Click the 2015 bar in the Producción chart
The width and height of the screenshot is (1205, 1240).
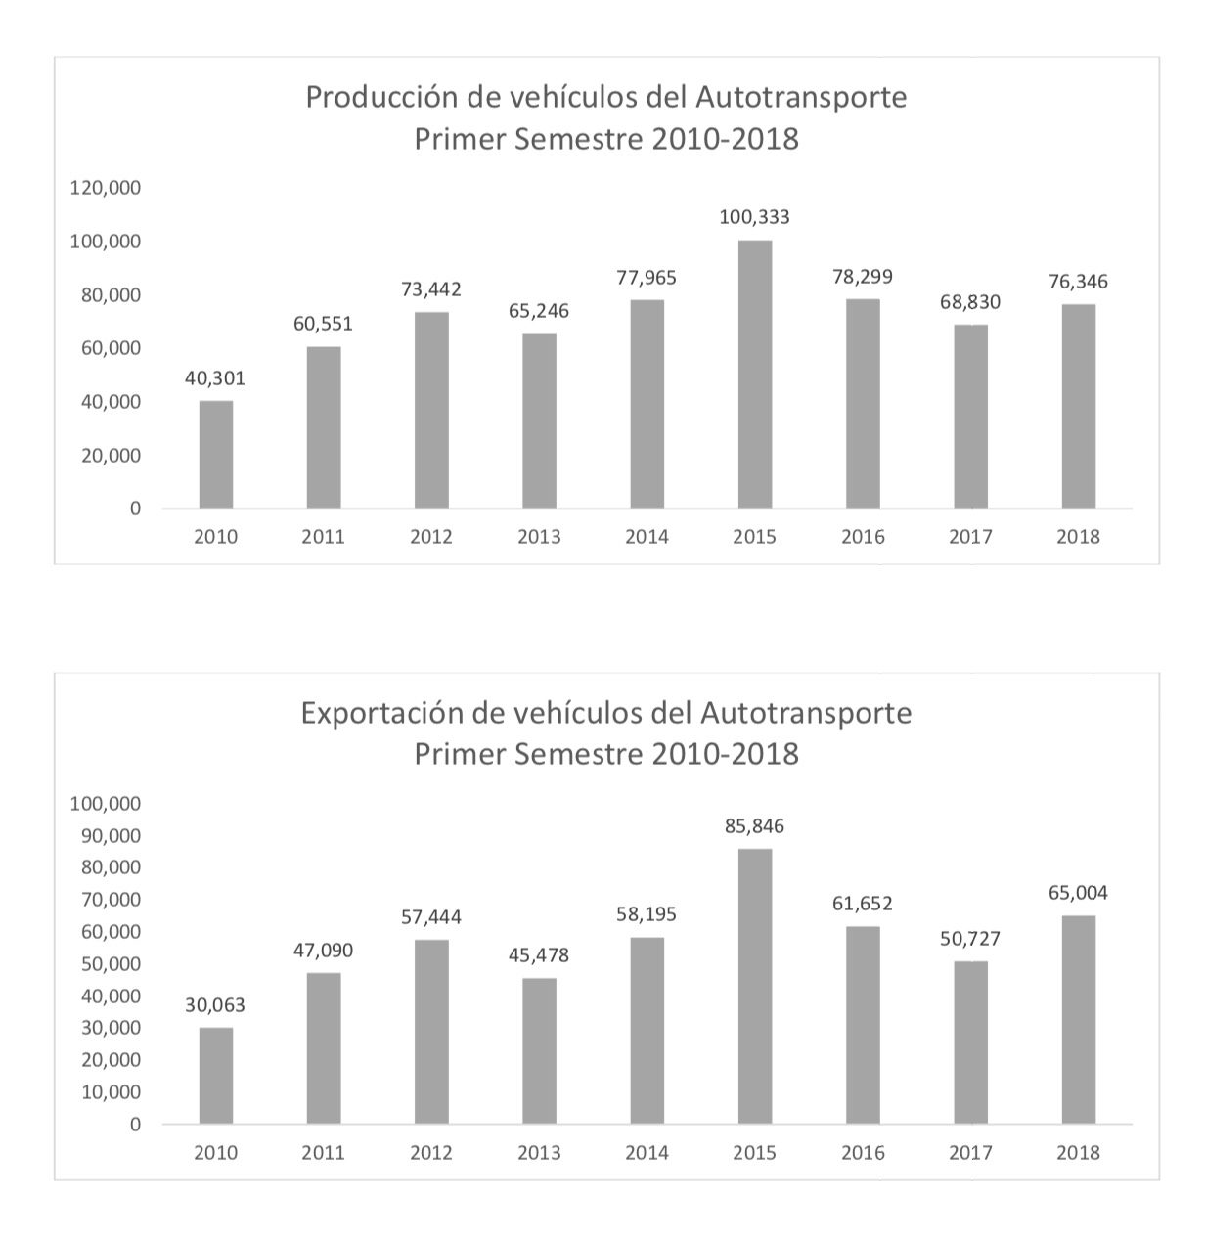coord(754,375)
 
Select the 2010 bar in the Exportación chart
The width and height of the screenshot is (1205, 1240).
coord(216,1076)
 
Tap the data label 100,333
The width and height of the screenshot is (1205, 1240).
coord(754,217)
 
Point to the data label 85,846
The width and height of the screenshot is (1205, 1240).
coord(754,826)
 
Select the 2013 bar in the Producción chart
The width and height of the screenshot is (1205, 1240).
coord(539,421)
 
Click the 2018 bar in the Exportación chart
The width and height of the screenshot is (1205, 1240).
coord(1078,1020)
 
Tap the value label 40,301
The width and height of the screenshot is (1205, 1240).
coord(215,378)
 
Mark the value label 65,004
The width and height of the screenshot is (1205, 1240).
coord(1078,893)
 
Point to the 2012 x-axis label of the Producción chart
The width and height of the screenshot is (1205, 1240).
coord(431,537)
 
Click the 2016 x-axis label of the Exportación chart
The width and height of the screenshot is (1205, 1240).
coord(863,1153)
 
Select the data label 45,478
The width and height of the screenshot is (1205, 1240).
coord(539,955)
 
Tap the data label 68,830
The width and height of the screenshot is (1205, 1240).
coord(970,302)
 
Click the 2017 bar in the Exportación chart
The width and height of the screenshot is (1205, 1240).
coord(970,1042)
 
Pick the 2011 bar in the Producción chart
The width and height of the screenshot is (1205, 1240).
coord(324,427)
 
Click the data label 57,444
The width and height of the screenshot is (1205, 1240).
coord(431,917)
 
